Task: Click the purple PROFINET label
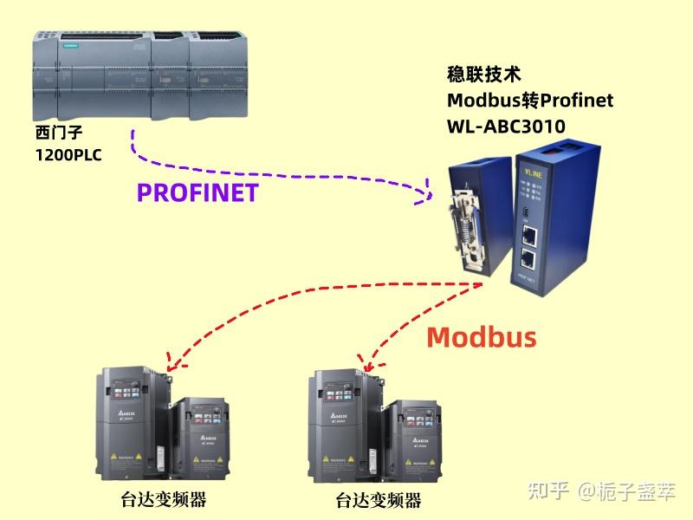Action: [198, 192]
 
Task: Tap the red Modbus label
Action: [481, 336]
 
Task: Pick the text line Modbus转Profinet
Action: [529, 101]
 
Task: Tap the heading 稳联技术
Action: [483, 75]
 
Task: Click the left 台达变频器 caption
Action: [164, 499]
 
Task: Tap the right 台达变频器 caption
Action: [379, 500]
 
